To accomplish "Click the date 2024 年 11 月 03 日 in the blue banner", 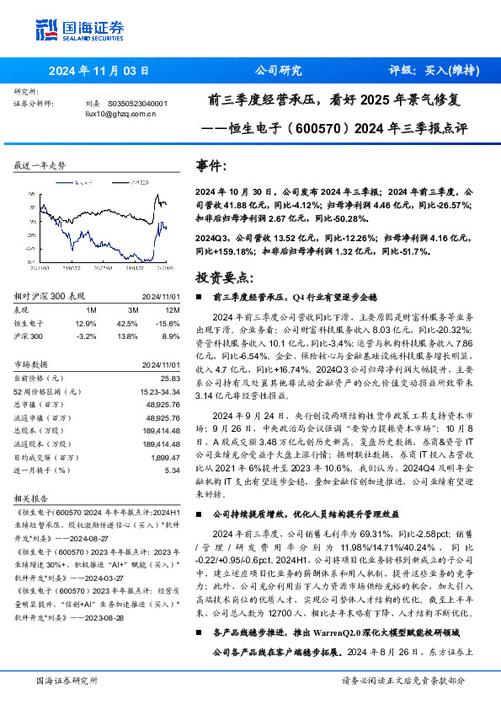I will click(x=99, y=71).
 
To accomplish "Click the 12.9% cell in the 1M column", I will click(x=86, y=323).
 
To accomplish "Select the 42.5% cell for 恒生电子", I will click(x=128, y=323).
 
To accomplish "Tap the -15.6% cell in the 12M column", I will click(x=168, y=323).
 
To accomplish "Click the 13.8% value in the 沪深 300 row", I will click(x=128, y=336).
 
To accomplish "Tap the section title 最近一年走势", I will click(x=40, y=165).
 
